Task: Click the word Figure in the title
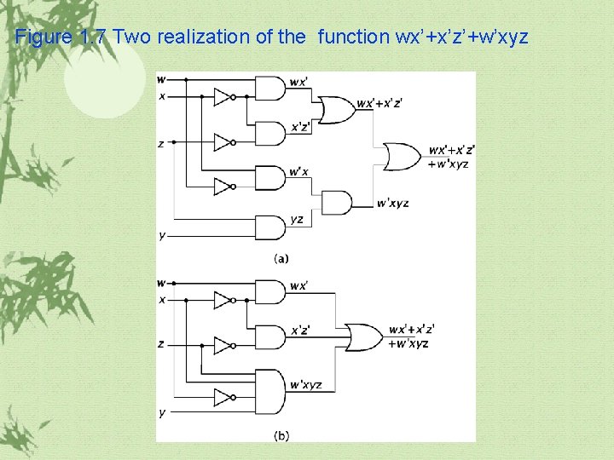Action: pyautogui.click(x=44, y=37)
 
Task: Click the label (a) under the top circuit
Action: pyautogui.click(x=281, y=258)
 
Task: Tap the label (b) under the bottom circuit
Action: pyautogui.click(x=281, y=435)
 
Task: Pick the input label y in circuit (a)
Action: pyautogui.click(x=161, y=235)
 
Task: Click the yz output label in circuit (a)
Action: pyautogui.click(x=297, y=220)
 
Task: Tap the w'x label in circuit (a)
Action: pyautogui.click(x=298, y=172)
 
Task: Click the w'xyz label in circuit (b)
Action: pyautogui.click(x=305, y=385)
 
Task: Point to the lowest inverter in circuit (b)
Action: pyautogui.click(x=223, y=398)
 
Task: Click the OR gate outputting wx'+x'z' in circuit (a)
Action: pyautogui.click(x=334, y=109)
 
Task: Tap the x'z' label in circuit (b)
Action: pyautogui.click(x=300, y=331)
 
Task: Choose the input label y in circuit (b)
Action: pyautogui.click(x=161, y=413)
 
